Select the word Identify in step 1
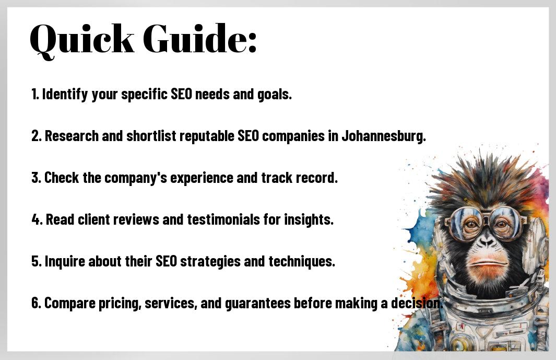pyautogui.click(x=65, y=95)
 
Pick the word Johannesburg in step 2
pyautogui.click(x=384, y=136)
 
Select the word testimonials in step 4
pyautogui.click(x=223, y=220)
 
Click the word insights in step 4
pyautogui.click(x=309, y=220)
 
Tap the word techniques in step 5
pyautogui.click(x=301, y=262)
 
